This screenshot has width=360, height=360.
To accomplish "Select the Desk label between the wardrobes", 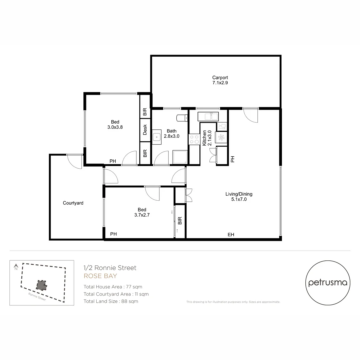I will pos(145,130).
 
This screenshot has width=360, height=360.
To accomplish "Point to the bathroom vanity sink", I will pos(157,137).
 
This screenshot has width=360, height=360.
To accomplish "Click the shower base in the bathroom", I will pos(180,157).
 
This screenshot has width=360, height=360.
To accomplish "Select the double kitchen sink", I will pos(208,116).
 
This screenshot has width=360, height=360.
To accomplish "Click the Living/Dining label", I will pos(239,194).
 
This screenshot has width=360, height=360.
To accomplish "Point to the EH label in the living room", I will pos(231,235).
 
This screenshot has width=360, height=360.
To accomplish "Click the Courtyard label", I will pos(73,203).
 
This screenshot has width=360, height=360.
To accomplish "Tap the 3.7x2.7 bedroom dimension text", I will pos(142,215).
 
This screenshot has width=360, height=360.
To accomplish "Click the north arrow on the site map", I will pos(16,267).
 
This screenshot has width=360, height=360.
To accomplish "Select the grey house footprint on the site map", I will pos(41,285).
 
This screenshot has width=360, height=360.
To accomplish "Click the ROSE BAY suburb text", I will pos(100,276).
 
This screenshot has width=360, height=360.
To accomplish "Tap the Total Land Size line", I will pos(111,301).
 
